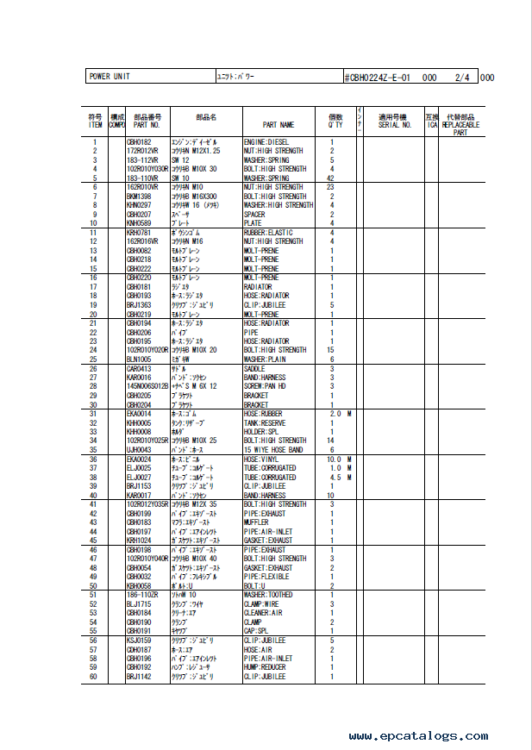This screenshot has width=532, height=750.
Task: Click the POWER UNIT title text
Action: [109, 77]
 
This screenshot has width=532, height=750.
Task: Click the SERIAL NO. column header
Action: [394, 125]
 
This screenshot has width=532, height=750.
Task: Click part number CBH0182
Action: [139, 141]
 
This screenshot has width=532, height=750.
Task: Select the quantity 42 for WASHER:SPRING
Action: [331, 178]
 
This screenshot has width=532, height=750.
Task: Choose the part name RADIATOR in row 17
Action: [259, 287]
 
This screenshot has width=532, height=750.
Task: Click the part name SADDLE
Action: [256, 369]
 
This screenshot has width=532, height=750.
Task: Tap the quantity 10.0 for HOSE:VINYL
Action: [334, 459]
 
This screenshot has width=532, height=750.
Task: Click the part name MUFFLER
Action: [257, 522]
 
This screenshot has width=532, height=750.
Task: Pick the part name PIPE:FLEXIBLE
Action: [267, 577]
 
